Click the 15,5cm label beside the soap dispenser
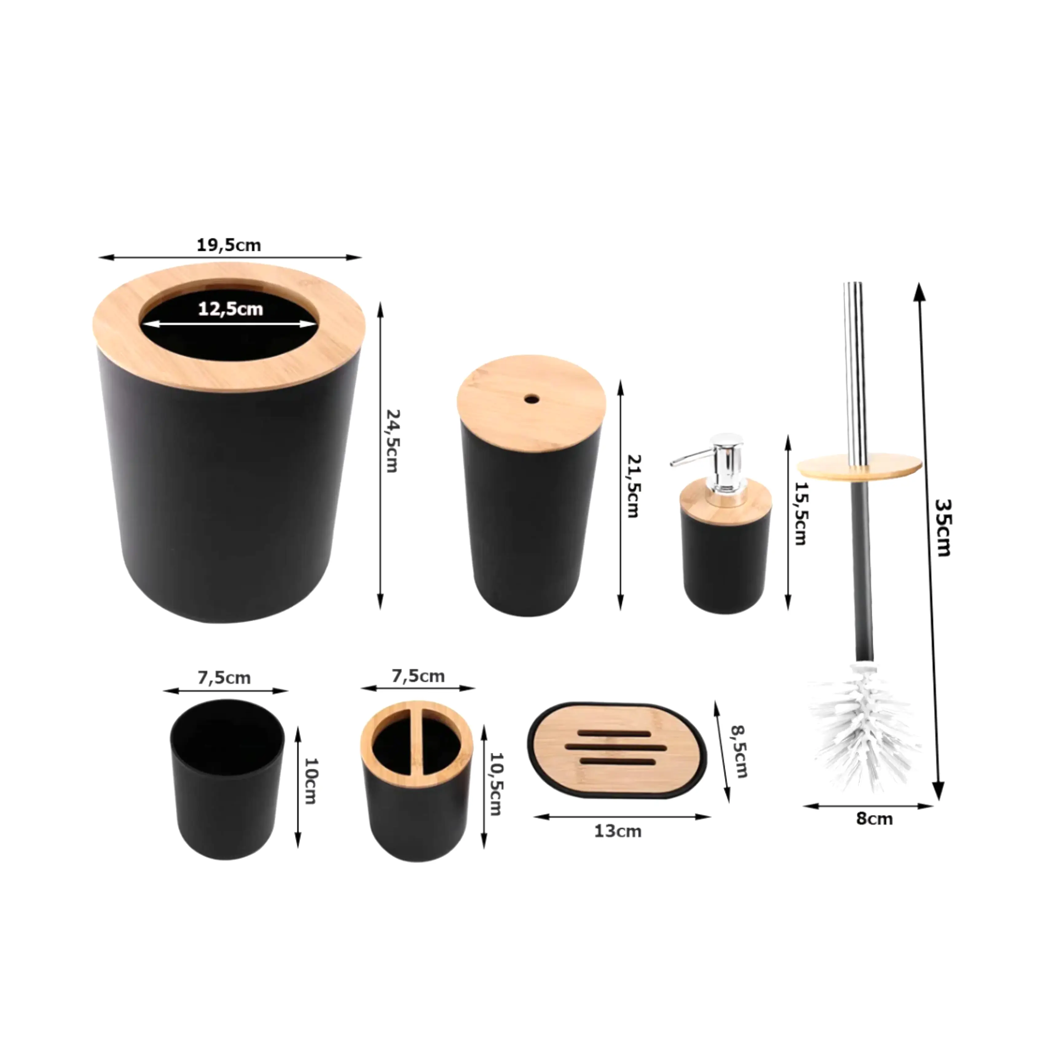[x=801, y=514]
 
